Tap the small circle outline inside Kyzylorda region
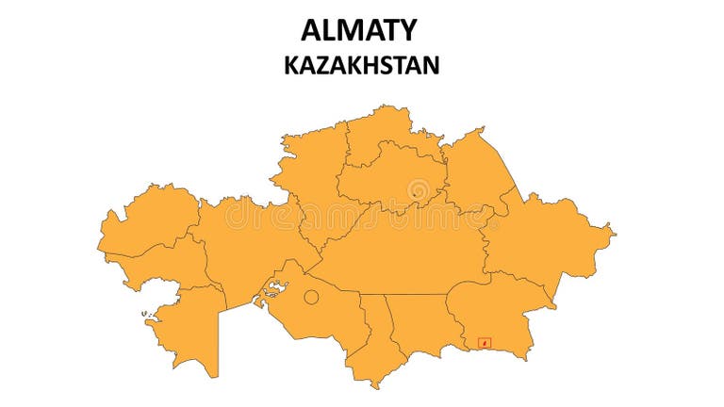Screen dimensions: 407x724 (311, 299)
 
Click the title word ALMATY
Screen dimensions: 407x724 (358, 30)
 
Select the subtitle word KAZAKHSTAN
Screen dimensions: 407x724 (361, 65)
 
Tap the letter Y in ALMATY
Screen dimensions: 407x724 (405, 30)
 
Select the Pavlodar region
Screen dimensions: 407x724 (476, 170)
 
